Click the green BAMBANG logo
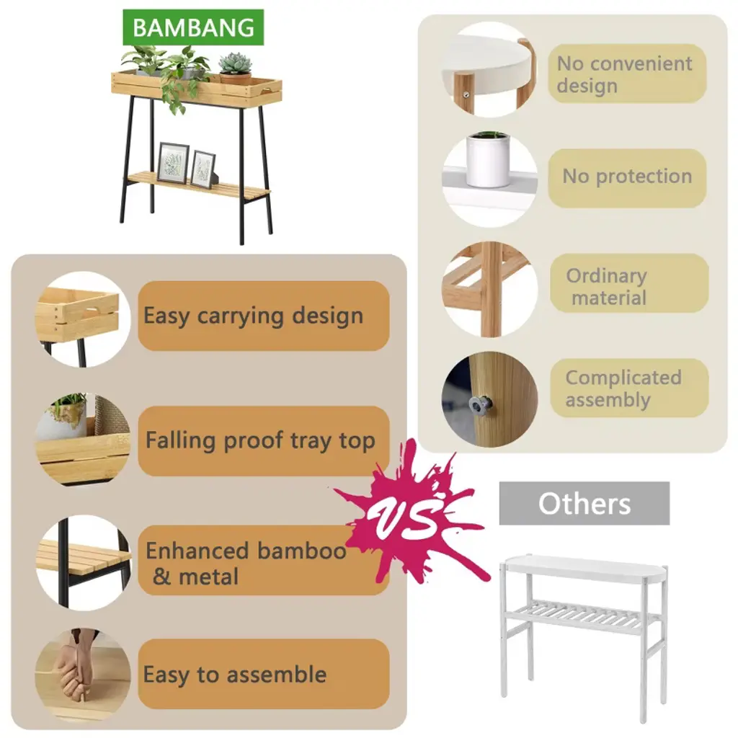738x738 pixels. coord(193,27)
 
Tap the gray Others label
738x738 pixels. coord(584,503)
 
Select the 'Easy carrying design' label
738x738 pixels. coord(264,316)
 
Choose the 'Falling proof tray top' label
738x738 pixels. coord(264,440)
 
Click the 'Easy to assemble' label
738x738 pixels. coord(264,674)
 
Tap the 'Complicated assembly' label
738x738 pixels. coord(629,388)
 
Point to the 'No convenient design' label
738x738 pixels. coord(627,74)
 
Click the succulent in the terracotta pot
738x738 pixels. coord(236,68)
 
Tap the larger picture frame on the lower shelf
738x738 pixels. coord(173,163)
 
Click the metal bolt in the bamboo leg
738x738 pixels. coord(479,404)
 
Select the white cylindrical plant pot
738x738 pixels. coord(487,160)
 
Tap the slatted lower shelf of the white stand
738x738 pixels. coord(578,615)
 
